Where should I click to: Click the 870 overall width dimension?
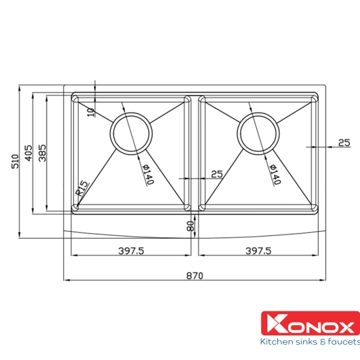pos(194,275)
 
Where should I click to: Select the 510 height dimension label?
pos(15,161)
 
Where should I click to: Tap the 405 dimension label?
pos(29,153)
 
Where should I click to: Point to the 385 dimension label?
pos(42,153)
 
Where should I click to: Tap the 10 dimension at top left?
pos(91,111)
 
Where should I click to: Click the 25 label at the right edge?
pos(344,142)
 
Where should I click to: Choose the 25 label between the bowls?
pos(216,174)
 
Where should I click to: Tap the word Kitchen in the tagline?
pos(275,342)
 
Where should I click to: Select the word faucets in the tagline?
pos(339,342)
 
